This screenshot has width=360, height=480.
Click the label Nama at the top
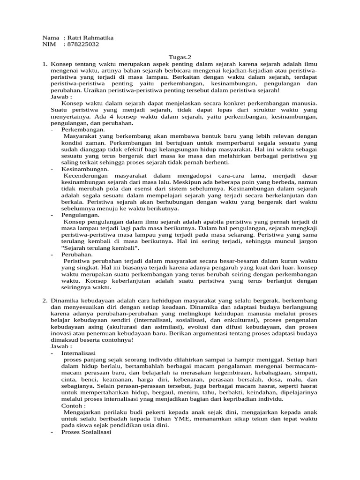[x=51, y=37]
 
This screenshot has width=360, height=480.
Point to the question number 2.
[x=45, y=300]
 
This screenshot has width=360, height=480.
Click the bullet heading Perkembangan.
[x=83, y=129]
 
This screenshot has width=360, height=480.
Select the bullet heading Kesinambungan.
[x=85, y=169]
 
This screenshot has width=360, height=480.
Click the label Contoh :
[x=75, y=405]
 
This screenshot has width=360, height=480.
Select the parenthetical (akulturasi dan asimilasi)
[x=146, y=326]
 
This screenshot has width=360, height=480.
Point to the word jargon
[x=307, y=240]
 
